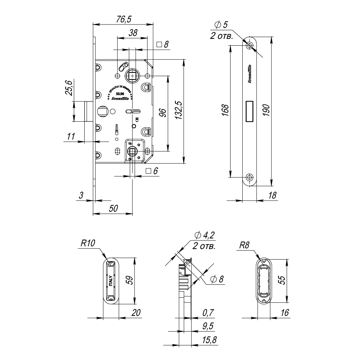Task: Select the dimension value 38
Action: (133, 33)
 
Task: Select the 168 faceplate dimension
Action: (224, 112)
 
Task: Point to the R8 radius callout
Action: (245, 246)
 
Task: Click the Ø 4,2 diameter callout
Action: (204, 236)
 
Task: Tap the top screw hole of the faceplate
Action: (249, 45)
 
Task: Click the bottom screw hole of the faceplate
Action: (249, 177)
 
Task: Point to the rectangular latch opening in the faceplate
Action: (249, 111)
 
